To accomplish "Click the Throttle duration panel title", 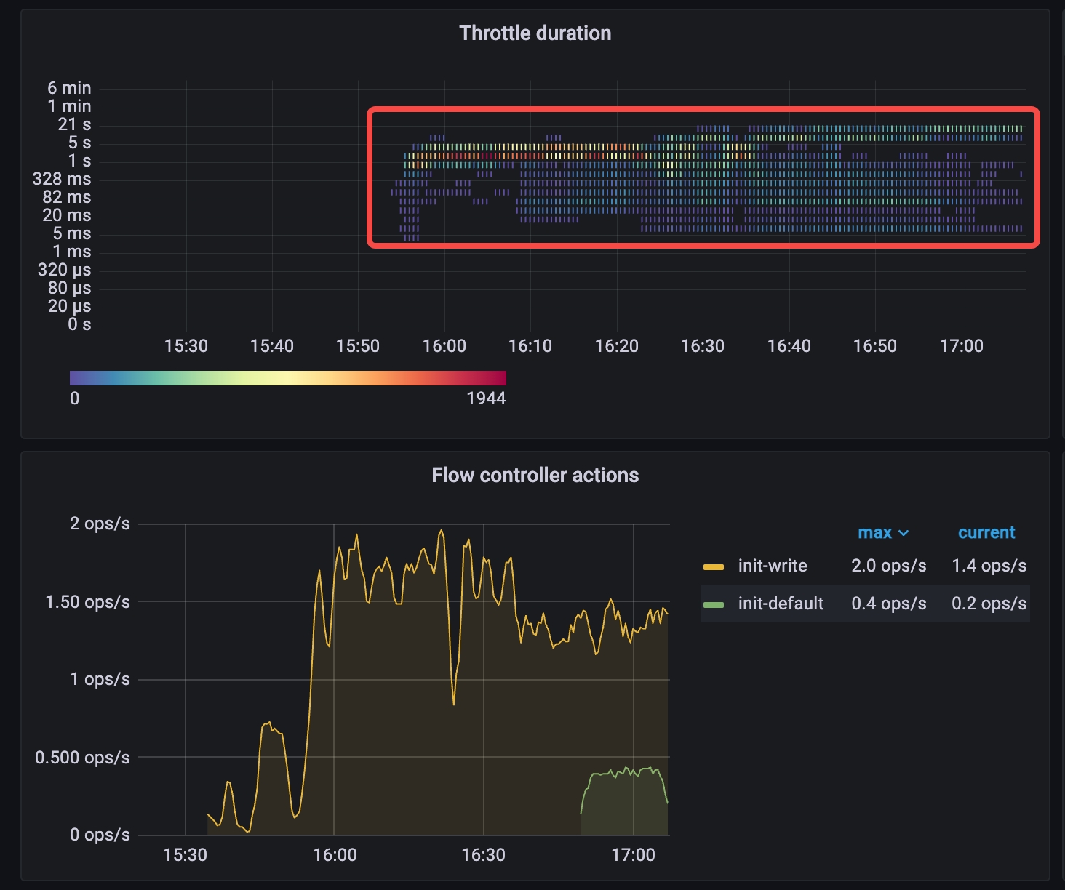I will coord(535,33).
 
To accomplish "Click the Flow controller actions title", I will coord(535,476).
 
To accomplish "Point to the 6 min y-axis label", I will coord(70,88).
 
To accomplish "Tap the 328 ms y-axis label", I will coord(62,179).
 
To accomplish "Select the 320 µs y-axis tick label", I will coord(65,270).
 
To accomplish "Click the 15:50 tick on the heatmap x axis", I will coord(358,346).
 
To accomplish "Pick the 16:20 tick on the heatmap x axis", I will coord(617,346).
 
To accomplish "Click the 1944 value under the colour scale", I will coord(486,398).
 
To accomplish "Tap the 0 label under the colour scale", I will coord(74,398).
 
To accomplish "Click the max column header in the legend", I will coord(874,533).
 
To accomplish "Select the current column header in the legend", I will coord(986,533).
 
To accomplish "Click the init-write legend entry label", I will coord(773,566).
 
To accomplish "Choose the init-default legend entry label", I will coord(781,604).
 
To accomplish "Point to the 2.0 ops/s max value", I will coord(889,566).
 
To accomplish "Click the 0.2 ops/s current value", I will coord(989,604).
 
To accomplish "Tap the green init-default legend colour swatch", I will coord(714,604).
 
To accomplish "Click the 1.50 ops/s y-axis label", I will coord(88,602).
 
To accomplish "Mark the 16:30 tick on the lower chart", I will coord(483,854).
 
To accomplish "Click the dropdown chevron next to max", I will coord(904,534).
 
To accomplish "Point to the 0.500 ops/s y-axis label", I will coord(83,758).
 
